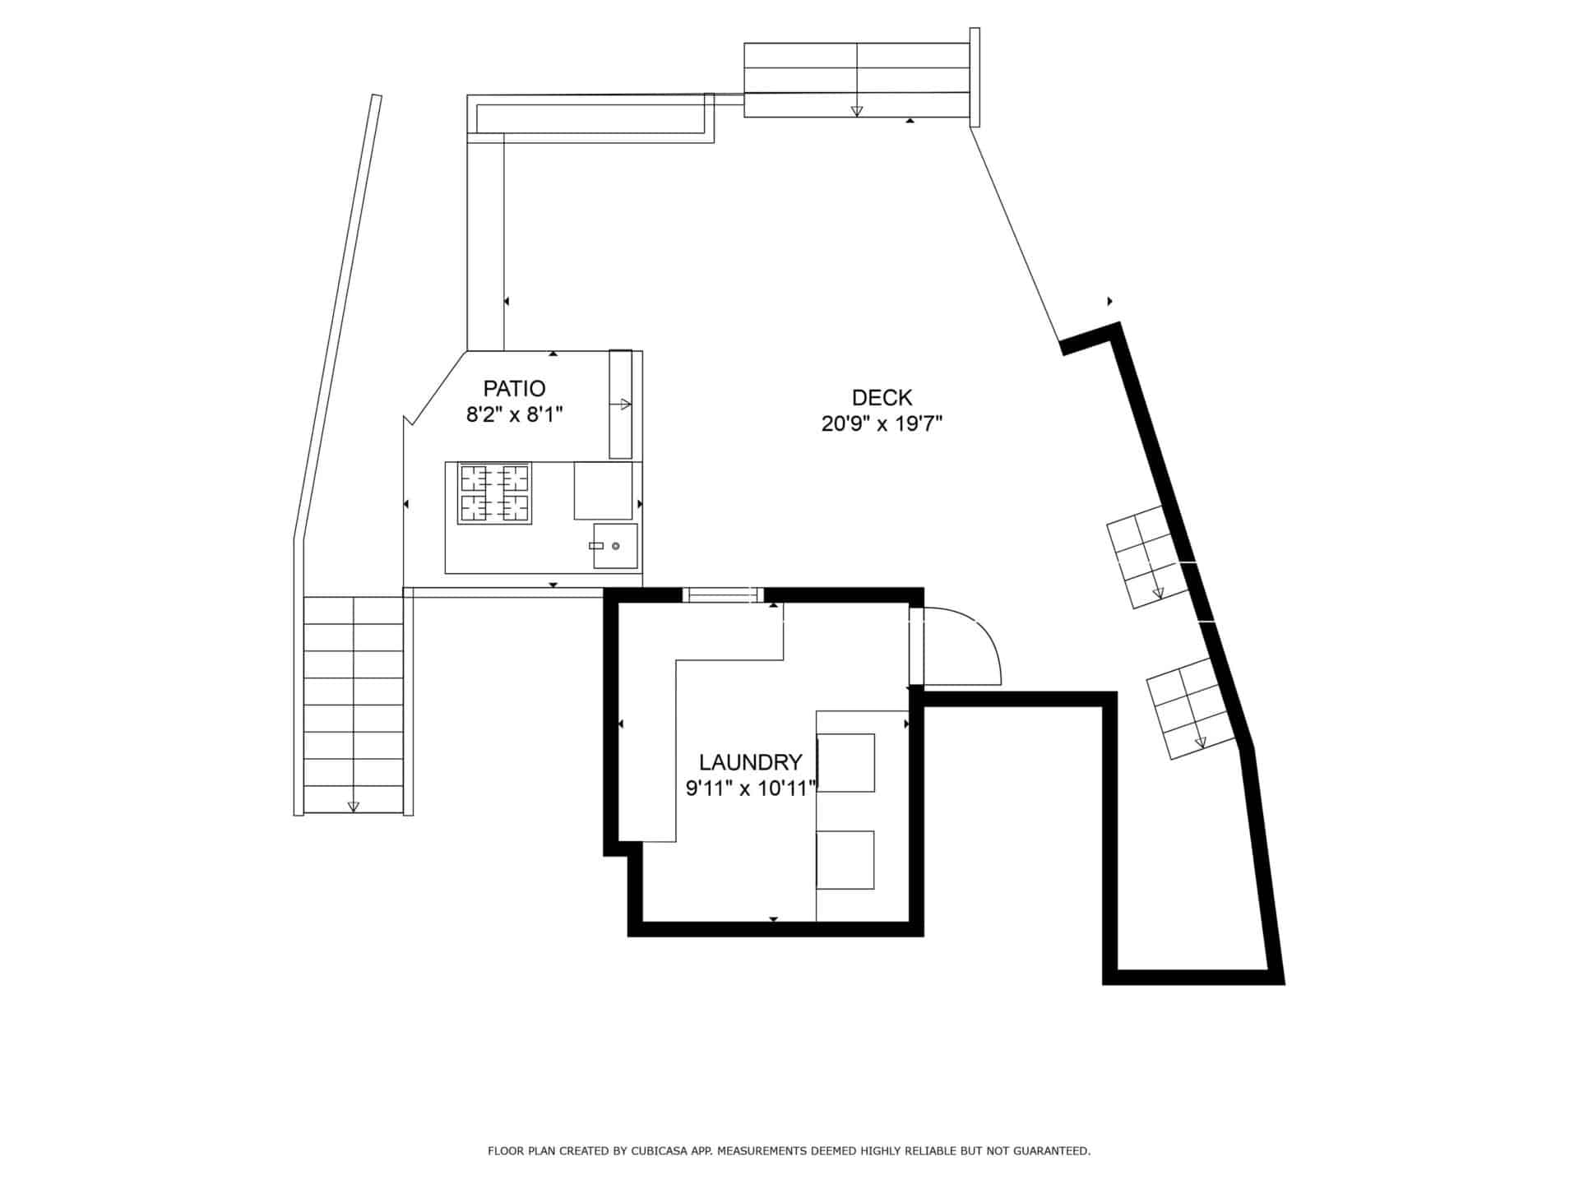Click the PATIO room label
514,388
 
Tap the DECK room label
882,398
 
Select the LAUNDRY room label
750,762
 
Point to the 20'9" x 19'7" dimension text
882,424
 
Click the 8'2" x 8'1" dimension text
514,414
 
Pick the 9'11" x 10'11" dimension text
751,789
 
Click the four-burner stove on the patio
494,493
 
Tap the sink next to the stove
615,546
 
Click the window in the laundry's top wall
724,595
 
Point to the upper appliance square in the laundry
845,763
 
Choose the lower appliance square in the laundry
845,860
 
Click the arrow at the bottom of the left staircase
354,806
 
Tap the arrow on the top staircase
857,109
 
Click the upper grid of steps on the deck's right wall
1148,557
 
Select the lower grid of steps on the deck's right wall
1192,709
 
